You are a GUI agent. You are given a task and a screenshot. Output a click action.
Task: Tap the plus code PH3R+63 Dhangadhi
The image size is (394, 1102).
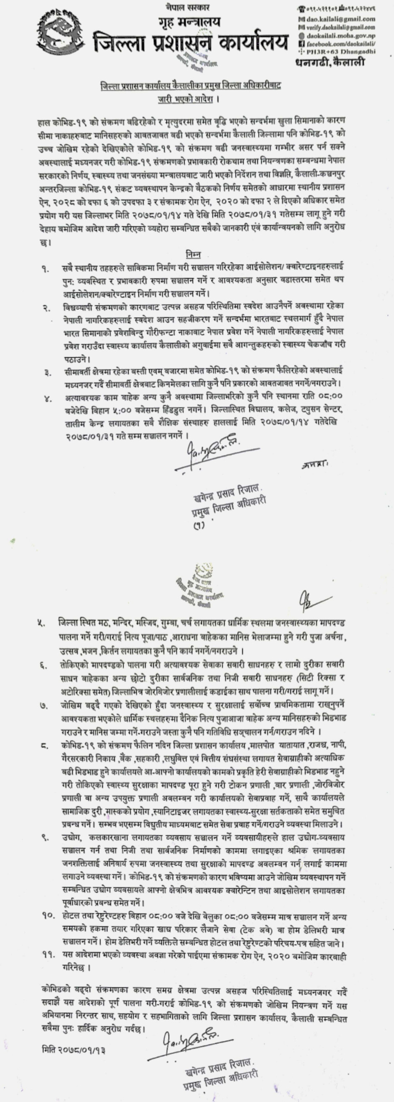tap(340, 52)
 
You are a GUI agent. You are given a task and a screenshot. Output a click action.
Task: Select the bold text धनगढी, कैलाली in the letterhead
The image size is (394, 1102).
tap(330, 62)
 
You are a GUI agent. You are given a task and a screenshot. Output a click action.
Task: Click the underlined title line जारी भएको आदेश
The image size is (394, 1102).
tap(187, 99)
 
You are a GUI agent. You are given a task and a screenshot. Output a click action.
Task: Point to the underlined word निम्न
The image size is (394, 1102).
tap(193, 255)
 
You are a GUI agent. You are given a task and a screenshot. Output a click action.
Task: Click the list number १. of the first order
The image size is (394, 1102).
tap(45, 269)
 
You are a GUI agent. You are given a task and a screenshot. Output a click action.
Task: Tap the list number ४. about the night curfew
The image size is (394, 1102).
tap(47, 399)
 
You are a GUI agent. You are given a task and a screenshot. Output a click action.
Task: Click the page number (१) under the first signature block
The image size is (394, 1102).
tap(199, 525)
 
